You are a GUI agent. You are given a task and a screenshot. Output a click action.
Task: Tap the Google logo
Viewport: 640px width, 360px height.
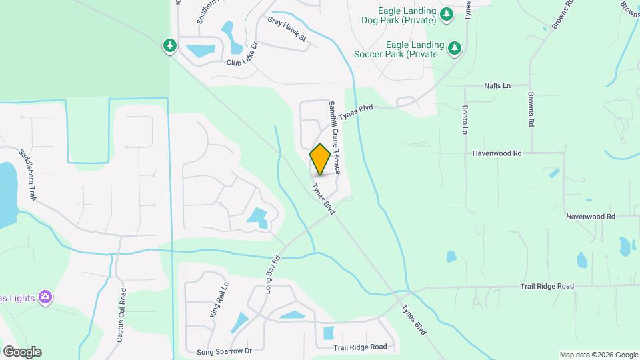pyautogui.click(x=22, y=351)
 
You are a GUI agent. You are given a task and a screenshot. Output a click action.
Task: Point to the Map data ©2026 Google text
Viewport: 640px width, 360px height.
pyautogui.click(x=599, y=355)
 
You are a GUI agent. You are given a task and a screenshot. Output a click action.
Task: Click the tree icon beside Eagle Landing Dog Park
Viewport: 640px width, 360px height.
pyautogui.click(x=447, y=15)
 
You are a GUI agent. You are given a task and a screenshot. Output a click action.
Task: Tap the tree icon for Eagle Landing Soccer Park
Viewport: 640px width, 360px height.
pyautogui.click(x=455, y=47)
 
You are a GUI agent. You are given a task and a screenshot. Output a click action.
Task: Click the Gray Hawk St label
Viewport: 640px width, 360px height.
pyautogui.click(x=287, y=30)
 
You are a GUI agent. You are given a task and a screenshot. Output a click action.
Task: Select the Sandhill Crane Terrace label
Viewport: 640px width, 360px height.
pyautogui.click(x=335, y=138)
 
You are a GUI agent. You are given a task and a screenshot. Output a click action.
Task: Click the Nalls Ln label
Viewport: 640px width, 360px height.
pyautogui.click(x=497, y=86)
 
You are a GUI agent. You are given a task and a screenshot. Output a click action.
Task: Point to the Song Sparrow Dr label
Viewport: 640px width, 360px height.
pyautogui.click(x=224, y=351)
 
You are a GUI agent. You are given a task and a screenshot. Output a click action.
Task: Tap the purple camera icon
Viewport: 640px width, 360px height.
pyautogui.click(x=45, y=296)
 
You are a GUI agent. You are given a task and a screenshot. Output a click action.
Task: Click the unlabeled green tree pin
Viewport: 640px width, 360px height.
pyautogui.click(x=170, y=45)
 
